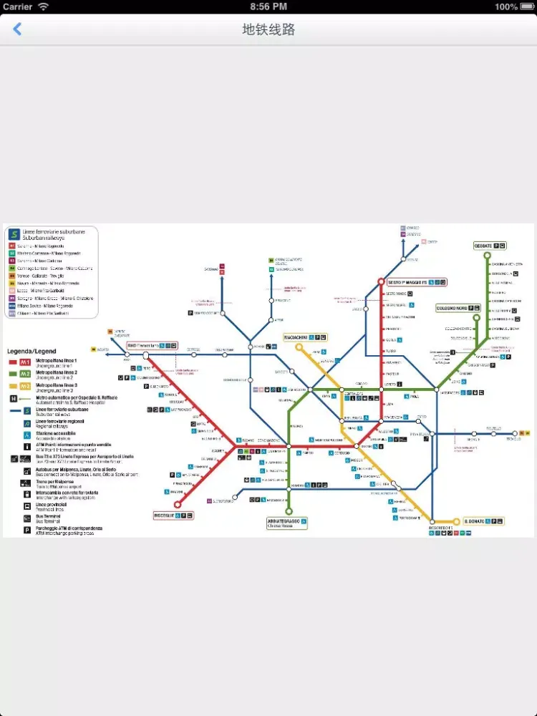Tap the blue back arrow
click(18, 29)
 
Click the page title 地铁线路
click(268, 29)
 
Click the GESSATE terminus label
click(483, 246)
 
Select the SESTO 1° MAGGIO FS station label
click(411, 283)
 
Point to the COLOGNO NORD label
click(452, 308)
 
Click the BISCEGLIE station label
click(164, 515)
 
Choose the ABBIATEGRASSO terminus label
click(284, 522)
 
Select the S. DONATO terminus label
click(475, 521)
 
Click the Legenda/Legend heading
click(32, 352)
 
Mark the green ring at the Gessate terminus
click(487, 256)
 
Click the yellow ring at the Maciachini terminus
click(299, 347)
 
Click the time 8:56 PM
click(268, 6)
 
